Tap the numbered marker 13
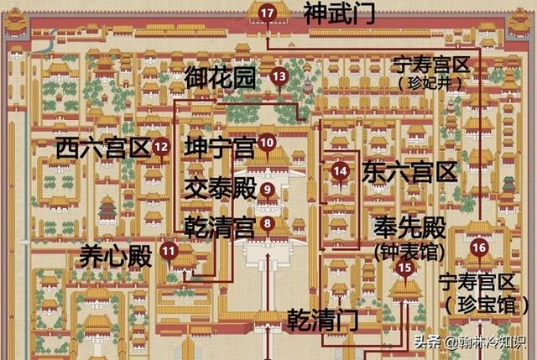(x=279, y=76)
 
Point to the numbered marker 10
(x=267, y=143)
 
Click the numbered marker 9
(x=268, y=190)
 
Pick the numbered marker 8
(x=267, y=223)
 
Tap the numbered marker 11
(x=169, y=249)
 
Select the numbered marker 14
(x=340, y=171)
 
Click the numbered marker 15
(x=406, y=268)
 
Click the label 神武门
(x=339, y=13)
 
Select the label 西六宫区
(x=103, y=149)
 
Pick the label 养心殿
(x=117, y=256)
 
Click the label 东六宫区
(x=410, y=173)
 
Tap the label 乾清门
(x=322, y=320)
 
